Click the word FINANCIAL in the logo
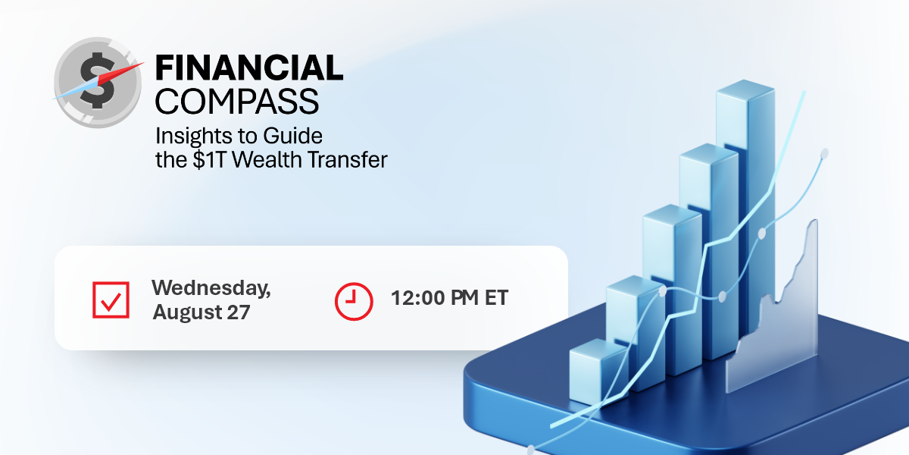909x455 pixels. [x=249, y=67]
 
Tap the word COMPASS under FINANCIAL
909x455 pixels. [x=237, y=101]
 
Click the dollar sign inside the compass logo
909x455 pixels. [x=98, y=80]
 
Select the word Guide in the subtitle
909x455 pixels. [x=292, y=135]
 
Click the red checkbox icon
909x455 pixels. [x=111, y=300]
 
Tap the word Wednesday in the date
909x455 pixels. [x=211, y=288]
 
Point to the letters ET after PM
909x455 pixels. [x=497, y=298]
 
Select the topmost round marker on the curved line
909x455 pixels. [x=824, y=153]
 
